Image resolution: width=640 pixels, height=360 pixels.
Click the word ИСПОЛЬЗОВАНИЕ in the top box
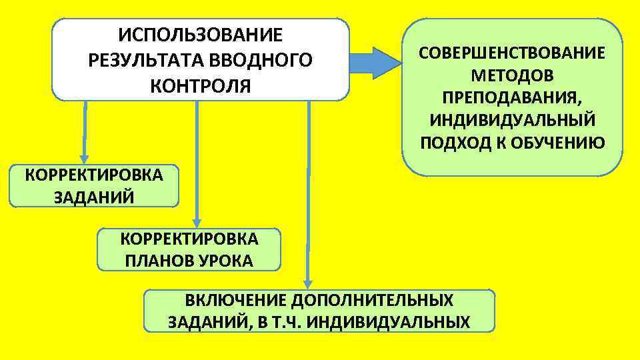pyautogui.click(x=200, y=34)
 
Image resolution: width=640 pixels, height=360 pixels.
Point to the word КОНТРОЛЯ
pyautogui.click(x=200, y=86)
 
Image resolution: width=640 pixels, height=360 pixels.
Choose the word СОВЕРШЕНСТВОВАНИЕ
pyautogui.click(x=512, y=53)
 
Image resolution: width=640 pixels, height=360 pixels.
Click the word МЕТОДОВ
pyautogui.click(x=512, y=75)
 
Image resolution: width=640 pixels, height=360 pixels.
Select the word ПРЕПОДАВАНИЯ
pyautogui.click(x=512, y=98)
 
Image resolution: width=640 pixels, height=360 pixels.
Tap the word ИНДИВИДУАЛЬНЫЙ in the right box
pyautogui.click(x=512, y=121)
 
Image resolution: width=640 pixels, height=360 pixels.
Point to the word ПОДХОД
pyautogui.click(x=453, y=143)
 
